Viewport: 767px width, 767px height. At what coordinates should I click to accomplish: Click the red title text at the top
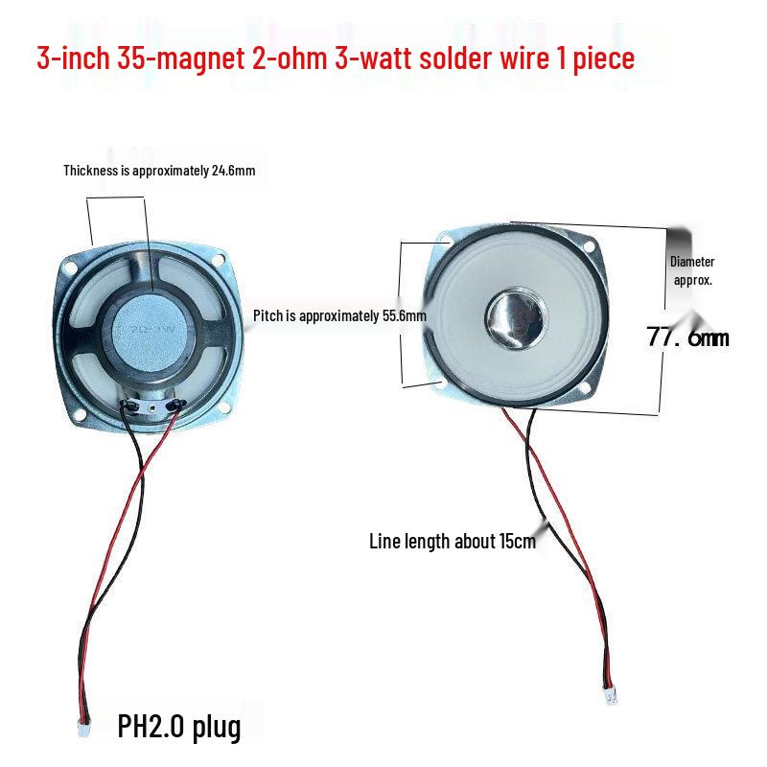pos(336,58)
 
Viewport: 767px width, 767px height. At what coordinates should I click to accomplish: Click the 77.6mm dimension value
pos(687,337)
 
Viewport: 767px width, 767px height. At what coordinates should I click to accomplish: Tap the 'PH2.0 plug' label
pos(179,728)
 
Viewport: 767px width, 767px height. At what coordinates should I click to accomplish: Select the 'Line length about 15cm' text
pos(453,542)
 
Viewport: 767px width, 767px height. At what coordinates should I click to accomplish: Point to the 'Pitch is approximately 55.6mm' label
pos(339,316)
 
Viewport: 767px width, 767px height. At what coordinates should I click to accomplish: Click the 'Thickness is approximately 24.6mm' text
pos(159,171)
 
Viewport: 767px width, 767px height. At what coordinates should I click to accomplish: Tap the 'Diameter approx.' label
pos(692,270)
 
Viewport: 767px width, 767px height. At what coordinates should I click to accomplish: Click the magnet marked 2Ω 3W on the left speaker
pos(151,332)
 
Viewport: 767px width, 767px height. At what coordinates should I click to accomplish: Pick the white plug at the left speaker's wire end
pos(83,729)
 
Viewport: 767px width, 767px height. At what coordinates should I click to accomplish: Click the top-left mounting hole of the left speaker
pos(71,268)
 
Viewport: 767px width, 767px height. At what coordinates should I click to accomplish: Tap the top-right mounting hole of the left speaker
pos(220,259)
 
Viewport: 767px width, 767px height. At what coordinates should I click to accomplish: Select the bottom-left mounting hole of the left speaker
pos(80,415)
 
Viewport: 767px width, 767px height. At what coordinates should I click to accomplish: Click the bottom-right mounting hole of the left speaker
pos(224,407)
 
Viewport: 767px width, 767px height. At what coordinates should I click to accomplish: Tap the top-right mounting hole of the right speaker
pos(589,246)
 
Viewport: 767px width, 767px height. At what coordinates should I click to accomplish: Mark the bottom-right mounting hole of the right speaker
pos(585,388)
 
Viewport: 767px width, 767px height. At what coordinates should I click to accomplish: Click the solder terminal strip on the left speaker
pos(153,406)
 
